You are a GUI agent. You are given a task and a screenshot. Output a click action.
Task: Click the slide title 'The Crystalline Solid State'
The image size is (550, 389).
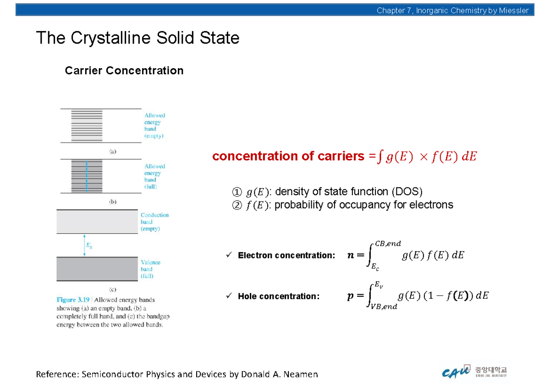[137, 38]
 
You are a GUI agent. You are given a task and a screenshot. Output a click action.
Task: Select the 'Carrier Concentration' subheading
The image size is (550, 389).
[124, 71]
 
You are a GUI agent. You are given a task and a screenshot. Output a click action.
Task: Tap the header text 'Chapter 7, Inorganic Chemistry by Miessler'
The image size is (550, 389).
[452, 11]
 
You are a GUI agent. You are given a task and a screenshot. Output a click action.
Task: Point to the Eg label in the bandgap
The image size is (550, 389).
[89, 245]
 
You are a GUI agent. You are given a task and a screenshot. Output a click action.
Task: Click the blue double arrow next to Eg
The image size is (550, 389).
[84, 245]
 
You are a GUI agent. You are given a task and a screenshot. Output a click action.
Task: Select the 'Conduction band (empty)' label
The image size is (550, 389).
[154, 222]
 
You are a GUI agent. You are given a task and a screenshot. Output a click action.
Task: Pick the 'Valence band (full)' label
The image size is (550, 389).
[150, 269]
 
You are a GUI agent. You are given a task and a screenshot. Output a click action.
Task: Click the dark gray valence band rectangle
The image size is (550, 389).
[97, 269]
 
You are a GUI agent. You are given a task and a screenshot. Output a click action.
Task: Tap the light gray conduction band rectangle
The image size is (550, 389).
[97, 221]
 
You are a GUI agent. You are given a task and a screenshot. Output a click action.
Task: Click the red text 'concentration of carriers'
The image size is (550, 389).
[288, 157]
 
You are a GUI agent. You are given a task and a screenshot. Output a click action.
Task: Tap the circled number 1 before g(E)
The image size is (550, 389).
[236, 192]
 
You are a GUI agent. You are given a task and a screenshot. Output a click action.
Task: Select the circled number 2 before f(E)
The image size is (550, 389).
[236, 205]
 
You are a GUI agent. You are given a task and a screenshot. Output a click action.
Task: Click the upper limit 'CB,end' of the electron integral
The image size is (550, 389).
[388, 244]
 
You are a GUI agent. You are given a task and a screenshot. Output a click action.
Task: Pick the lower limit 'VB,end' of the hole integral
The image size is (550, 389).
[384, 307]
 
